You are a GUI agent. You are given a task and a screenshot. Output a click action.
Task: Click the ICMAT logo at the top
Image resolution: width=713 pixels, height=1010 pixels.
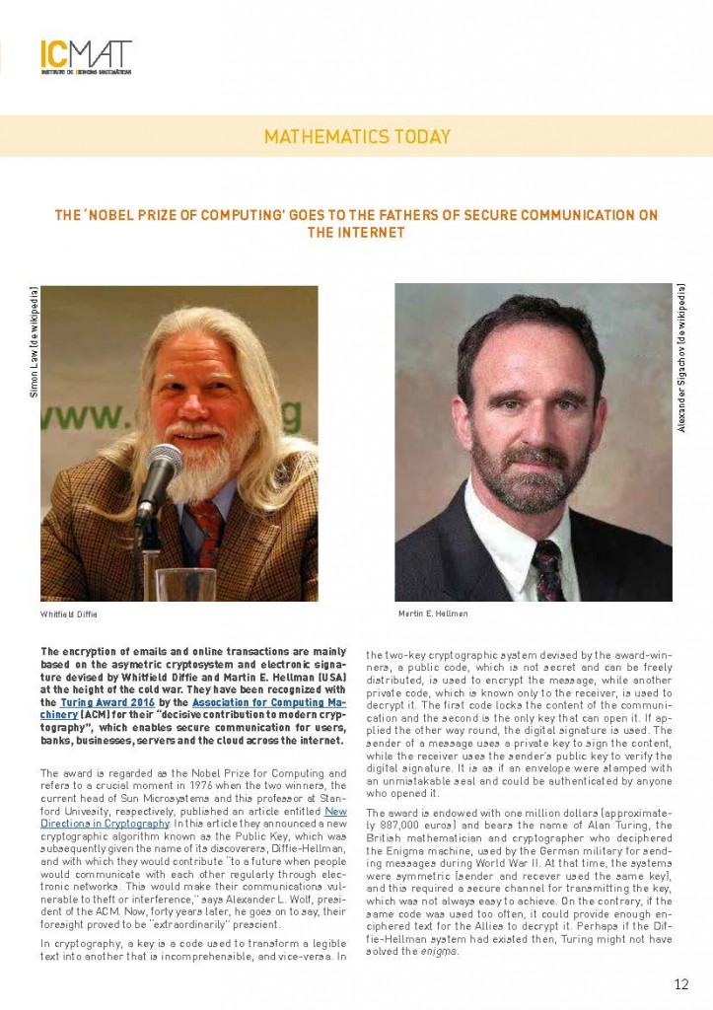tap(86, 57)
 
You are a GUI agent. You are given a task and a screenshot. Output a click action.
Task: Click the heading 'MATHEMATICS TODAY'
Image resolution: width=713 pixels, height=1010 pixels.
tap(356, 137)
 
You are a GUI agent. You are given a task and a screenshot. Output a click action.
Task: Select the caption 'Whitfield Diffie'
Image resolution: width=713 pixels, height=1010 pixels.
tap(69, 613)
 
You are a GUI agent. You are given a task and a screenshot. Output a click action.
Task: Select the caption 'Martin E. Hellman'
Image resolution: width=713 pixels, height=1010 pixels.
tap(434, 613)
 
